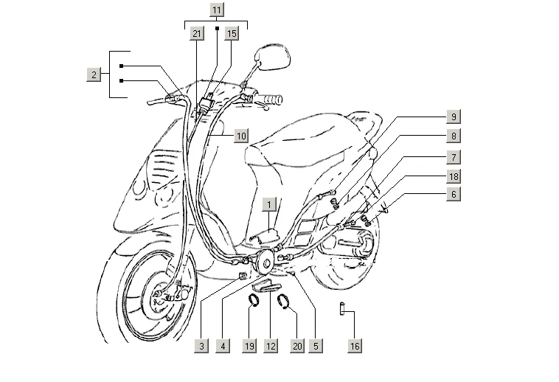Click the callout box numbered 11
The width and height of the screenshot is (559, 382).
(x=216, y=10)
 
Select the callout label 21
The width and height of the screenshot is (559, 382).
(x=196, y=34)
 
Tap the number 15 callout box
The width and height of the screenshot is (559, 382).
(x=232, y=34)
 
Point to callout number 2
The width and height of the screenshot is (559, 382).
(x=94, y=74)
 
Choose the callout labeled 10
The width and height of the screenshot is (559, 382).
(x=241, y=136)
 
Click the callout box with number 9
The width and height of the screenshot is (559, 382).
(x=454, y=117)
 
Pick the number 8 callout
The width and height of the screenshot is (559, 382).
(x=454, y=136)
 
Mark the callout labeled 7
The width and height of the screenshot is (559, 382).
(x=454, y=156)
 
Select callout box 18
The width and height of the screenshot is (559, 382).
(x=454, y=176)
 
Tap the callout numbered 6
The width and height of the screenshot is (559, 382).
(x=454, y=194)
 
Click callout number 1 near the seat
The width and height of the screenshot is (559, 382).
(x=271, y=204)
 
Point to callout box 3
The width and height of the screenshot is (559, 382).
(x=201, y=344)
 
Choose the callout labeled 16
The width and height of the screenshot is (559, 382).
(x=355, y=344)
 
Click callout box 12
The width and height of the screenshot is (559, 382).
(x=271, y=344)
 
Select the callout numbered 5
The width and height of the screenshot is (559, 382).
(x=315, y=344)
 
